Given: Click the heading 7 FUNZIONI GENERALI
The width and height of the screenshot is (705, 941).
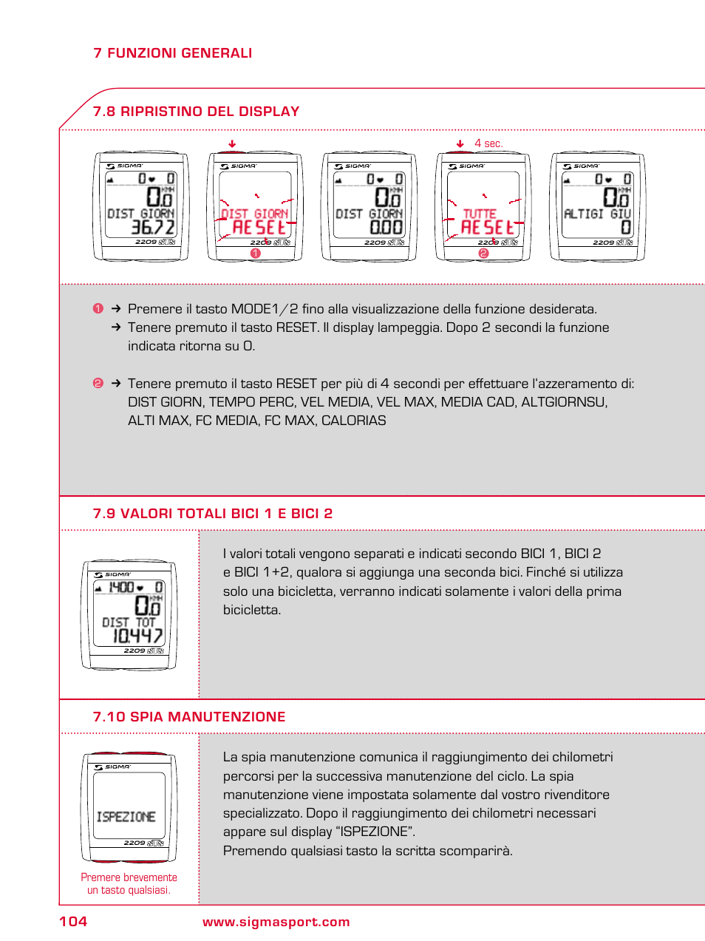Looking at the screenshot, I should tap(172, 53).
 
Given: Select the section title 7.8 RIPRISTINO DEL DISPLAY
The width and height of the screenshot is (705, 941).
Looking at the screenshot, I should tap(196, 112).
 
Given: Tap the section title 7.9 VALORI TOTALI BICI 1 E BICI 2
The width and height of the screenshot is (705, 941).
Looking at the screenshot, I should tap(212, 514).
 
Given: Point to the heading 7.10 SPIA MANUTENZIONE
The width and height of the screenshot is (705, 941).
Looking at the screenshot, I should tap(188, 717).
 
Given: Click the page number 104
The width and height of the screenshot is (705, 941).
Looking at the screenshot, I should tap(73, 921).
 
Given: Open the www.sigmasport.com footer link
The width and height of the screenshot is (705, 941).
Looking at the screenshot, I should tap(276, 922).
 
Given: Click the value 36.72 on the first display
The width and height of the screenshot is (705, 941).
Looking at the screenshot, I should tap(152, 228).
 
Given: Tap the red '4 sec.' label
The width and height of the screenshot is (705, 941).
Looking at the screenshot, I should tap(488, 143).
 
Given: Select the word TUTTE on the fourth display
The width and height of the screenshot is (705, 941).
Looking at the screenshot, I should tap(480, 214).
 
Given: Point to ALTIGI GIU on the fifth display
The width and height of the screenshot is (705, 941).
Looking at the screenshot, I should tap(597, 214).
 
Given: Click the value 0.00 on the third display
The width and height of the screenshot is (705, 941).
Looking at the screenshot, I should tap(386, 228).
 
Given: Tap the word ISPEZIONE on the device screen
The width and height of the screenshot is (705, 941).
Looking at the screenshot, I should tap(126, 817).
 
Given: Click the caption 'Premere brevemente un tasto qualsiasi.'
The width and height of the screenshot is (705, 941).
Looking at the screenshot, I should tap(129, 883).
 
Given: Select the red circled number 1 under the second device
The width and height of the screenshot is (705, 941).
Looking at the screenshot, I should tap(256, 253).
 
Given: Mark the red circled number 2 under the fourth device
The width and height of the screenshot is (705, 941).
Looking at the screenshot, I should tap(483, 253).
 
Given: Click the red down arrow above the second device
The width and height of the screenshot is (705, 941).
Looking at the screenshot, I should tap(232, 144).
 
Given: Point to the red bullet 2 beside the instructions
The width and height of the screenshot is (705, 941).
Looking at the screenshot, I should tap(98, 383).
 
